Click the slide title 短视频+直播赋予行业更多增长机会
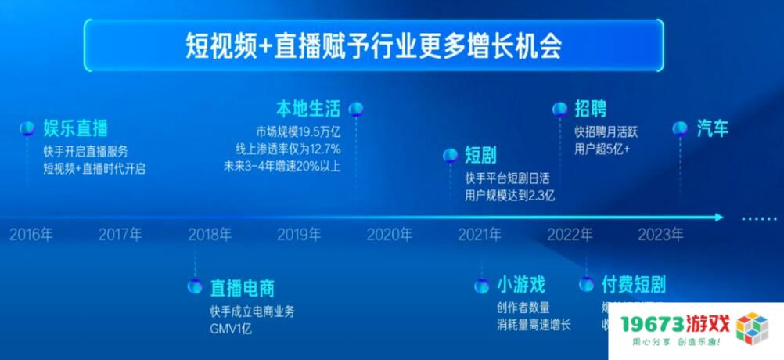click(x=373, y=46)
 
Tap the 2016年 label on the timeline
click(x=32, y=233)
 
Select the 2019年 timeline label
click(x=300, y=233)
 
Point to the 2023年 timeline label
click(x=660, y=233)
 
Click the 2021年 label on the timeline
click(x=480, y=233)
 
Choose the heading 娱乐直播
click(x=75, y=128)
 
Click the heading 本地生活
click(x=309, y=107)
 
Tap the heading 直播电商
click(x=242, y=287)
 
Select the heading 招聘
click(x=590, y=109)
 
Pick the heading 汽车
click(x=712, y=128)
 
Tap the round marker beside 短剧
click(x=450, y=155)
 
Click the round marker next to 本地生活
click(x=355, y=108)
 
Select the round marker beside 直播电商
click(x=194, y=286)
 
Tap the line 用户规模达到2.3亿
click(x=509, y=196)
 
